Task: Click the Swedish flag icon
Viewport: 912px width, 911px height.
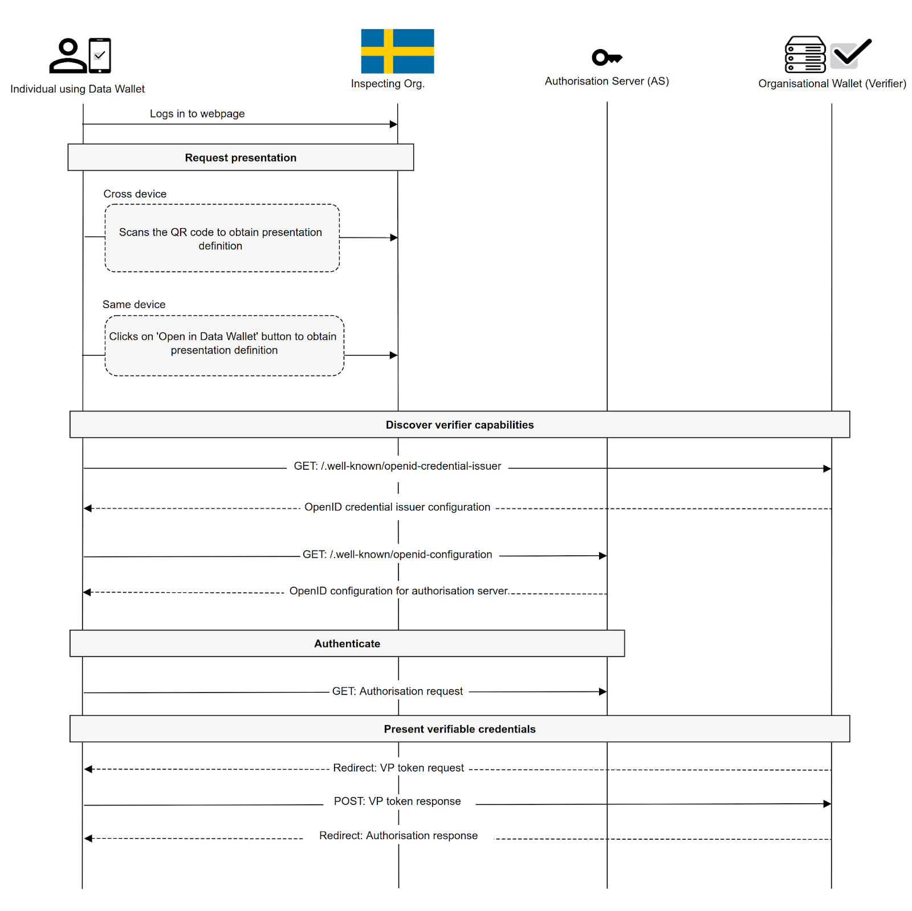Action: click(x=397, y=51)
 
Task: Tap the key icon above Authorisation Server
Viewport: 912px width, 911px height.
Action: click(x=606, y=58)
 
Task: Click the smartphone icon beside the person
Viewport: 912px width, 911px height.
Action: click(x=100, y=55)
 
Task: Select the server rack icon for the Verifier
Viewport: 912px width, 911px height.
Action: click(x=805, y=55)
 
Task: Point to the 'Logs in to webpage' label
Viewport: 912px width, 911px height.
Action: click(x=197, y=113)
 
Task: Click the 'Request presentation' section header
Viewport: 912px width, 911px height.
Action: click(x=241, y=157)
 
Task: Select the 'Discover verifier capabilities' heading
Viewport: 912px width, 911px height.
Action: click(x=459, y=425)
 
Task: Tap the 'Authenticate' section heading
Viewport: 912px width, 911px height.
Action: click(x=347, y=643)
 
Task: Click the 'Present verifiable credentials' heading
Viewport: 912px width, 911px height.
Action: click(x=459, y=729)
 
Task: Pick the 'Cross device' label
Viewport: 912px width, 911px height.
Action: click(x=135, y=194)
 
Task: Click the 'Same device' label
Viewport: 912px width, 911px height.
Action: click(x=134, y=304)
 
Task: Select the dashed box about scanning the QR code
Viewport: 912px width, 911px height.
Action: click(x=222, y=238)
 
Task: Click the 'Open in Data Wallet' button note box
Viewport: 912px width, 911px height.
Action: click(x=224, y=345)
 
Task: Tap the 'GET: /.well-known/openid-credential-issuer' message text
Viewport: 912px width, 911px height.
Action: click(x=397, y=466)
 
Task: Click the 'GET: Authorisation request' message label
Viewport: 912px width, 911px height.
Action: click(x=397, y=691)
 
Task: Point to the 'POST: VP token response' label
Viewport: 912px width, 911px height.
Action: click(x=397, y=801)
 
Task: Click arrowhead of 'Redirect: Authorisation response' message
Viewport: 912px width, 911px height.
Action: click(x=88, y=838)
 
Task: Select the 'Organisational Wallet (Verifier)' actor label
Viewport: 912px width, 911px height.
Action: click(x=832, y=83)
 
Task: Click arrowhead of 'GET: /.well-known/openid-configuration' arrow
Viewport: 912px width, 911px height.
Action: click(x=603, y=555)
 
